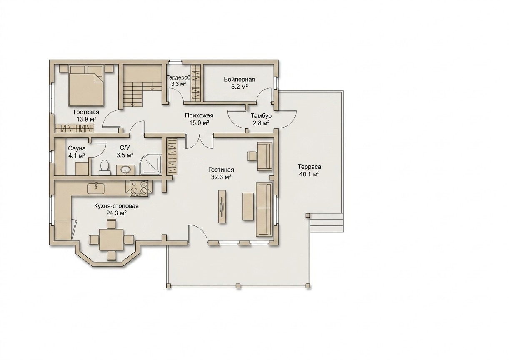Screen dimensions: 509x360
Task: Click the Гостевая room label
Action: point(86,112)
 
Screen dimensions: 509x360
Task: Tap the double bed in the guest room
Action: point(86,86)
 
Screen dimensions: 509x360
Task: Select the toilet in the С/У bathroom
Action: point(105,168)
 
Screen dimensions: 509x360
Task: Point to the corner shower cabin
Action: point(151,165)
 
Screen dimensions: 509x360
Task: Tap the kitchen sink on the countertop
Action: point(96,188)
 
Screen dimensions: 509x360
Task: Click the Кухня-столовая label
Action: point(116,206)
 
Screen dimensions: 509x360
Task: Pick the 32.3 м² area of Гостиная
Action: point(221,177)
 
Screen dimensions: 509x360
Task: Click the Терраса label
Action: point(309,167)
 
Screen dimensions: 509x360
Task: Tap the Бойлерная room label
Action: point(239,80)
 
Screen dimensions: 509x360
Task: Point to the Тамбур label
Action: point(261,116)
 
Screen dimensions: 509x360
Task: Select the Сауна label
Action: point(77,148)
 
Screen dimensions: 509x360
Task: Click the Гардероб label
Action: point(178,77)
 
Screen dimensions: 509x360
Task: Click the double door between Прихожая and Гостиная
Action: point(199,142)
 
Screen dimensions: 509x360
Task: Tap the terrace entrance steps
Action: point(327,223)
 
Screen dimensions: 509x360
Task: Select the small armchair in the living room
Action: point(252,156)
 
